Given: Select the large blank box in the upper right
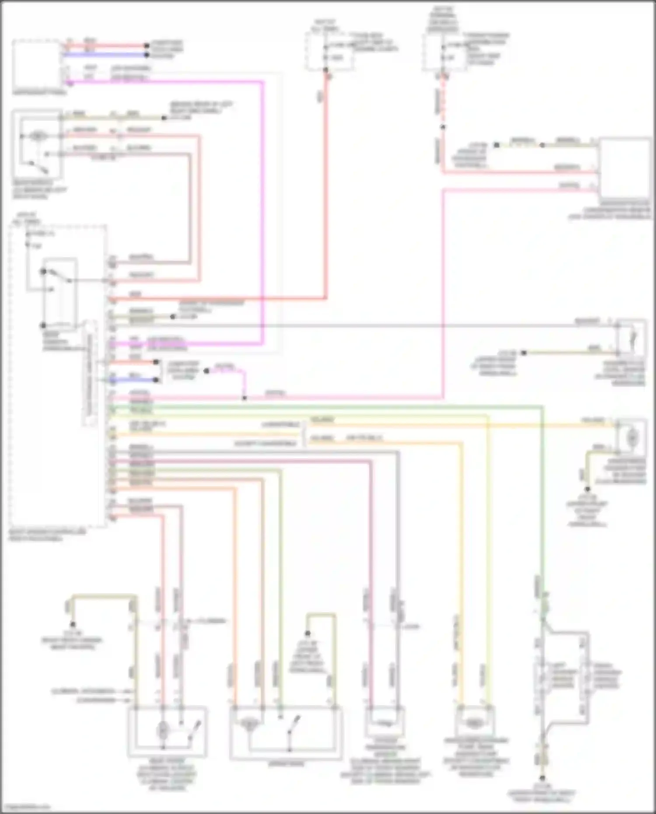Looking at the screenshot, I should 625,168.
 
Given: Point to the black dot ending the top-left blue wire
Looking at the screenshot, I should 147,55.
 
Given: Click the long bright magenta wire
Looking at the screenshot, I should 263,210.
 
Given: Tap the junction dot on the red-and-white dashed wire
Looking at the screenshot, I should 443,127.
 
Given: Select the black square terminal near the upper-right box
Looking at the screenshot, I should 496,145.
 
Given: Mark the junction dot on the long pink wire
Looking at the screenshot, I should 244,398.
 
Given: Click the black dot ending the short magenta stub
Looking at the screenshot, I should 207,371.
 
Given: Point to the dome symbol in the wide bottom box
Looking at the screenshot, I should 249,724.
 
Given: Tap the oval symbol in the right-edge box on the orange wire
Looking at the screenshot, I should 632,437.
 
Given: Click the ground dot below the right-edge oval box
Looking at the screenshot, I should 587,489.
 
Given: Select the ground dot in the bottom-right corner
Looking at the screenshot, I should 542,778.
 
